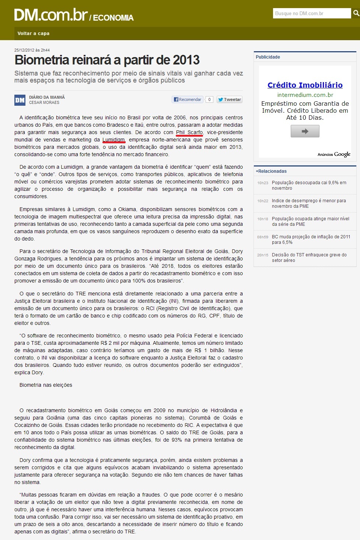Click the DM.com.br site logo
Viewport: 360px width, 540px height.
(x=51, y=15)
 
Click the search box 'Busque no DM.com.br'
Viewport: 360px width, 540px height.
(x=312, y=13)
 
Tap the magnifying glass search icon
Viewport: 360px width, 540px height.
(x=356, y=13)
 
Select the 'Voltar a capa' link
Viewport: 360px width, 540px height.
(x=34, y=34)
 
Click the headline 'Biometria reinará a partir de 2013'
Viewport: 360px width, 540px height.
(x=107, y=60)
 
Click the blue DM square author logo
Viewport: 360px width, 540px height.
(x=20, y=100)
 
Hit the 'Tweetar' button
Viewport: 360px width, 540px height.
(x=229, y=99)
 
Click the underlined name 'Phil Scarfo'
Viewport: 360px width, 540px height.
(x=189, y=132)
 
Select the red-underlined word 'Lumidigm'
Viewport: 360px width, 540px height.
(x=114, y=140)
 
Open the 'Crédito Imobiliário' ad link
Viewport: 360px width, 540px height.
(x=305, y=85)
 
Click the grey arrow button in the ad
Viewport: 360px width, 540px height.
(x=305, y=131)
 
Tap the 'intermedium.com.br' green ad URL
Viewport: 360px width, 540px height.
(x=305, y=95)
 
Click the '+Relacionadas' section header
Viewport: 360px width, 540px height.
(x=271, y=171)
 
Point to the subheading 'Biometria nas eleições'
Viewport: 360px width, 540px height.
(x=46, y=385)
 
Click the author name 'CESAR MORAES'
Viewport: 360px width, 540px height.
(x=44, y=103)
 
